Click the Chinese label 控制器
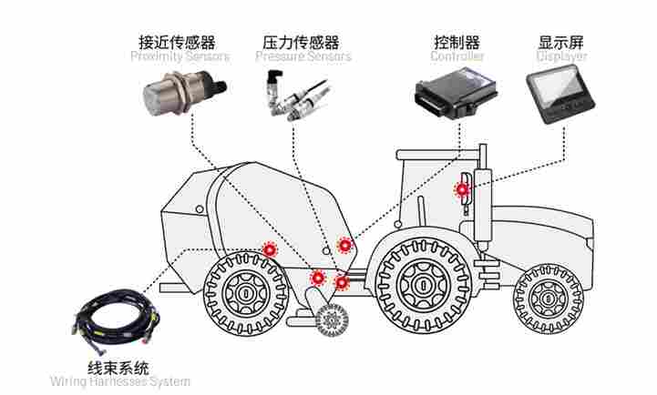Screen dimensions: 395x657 click(x=457, y=42)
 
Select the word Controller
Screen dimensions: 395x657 click(x=457, y=56)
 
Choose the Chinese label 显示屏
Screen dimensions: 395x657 click(x=561, y=42)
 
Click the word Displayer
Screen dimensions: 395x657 click(x=561, y=56)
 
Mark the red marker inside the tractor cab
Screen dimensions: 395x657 click(x=463, y=189)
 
